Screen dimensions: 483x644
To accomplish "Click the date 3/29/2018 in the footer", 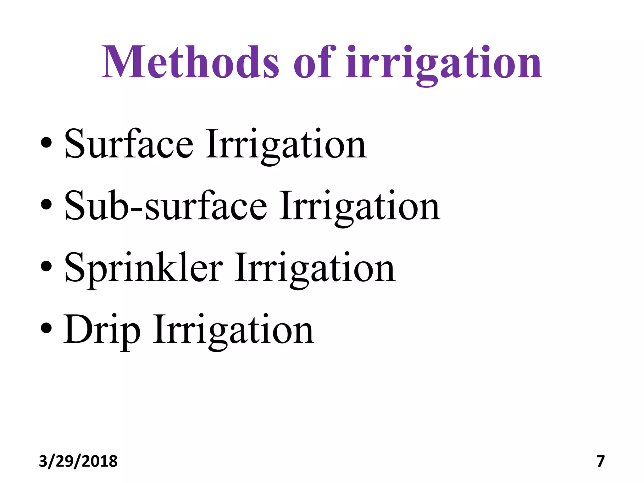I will click(x=78, y=461).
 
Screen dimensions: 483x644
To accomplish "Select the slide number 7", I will click(x=601, y=461).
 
